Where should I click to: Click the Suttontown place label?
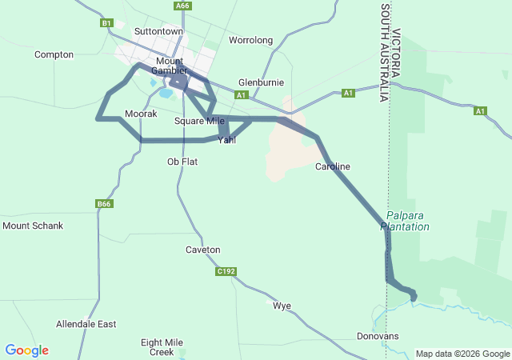[x=158, y=31]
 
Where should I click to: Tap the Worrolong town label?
[x=250, y=40]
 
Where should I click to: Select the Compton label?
[x=54, y=54]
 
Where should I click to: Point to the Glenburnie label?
[x=262, y=82]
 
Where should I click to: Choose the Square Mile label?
[x=199, y=121]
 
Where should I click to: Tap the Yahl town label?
[x=227, y=140]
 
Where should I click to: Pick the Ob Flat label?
[x=182, y=162]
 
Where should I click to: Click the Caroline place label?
[x=333, y=166]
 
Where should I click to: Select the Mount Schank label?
[x=33, y=226]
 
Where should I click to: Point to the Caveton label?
[x=202, y=250]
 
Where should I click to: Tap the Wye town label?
[x=282, y=306]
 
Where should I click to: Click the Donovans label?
[x=378, y=336]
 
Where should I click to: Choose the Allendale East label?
[x=86, y=324]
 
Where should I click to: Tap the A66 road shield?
[x=182, y=5]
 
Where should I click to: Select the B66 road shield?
[x=104, y=204]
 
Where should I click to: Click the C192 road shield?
[x=226, y=271]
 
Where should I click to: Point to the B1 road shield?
[x=107, y=23]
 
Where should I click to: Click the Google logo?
[x=26, y=350]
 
